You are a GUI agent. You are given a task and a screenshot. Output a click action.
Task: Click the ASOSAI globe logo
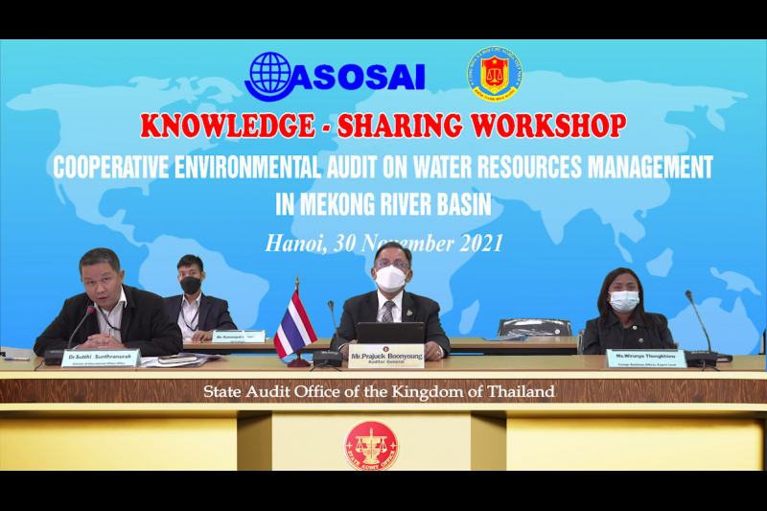pyautogui.click(x=269, y=75)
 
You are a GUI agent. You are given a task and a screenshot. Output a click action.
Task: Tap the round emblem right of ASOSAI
pyautogui.click(x=495, y=75)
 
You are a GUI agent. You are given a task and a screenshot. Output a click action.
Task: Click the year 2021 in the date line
pyautogui.click(x=475, y=243)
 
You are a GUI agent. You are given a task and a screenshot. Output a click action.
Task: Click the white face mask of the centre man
pyautogui.click(x=390, y=278)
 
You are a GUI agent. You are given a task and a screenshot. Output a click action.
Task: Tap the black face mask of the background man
pyautogui.click(x=191, y=285)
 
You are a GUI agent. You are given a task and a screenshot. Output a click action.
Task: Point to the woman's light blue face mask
pyautogui.click(x=624, y=301)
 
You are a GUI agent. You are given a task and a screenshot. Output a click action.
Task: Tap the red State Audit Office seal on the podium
pyautogui.click(x=371, y=446)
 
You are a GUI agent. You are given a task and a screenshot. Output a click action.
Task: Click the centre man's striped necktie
pyautogui.click(x=387, y=311)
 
